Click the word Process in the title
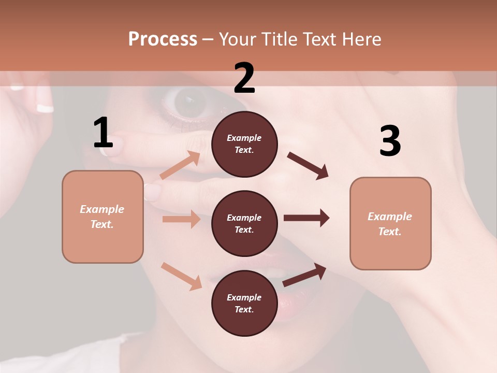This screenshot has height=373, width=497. pos(163,39)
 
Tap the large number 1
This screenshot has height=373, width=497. pos(103,133)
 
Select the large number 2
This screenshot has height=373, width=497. pos(244,78)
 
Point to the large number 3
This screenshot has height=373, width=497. pos(390,141)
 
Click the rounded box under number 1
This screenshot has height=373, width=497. pos(103,217)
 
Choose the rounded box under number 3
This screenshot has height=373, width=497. pos(390,224)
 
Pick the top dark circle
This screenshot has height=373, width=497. pos(244,144)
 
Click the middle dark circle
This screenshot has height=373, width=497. pos(244,224)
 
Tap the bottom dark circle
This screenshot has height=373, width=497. pos(244,304)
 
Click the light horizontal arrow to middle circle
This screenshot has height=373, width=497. pos(181,219)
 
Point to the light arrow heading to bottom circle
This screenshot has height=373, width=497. pos(181,276)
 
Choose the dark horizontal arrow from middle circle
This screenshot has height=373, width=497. pos(306,218)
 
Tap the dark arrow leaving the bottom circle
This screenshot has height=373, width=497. pos(304,275)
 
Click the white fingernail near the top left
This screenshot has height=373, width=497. pos(45,108)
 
